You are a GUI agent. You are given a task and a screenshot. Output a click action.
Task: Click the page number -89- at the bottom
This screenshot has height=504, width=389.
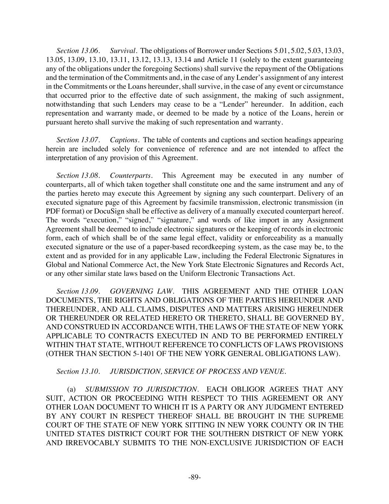(194, 477)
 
